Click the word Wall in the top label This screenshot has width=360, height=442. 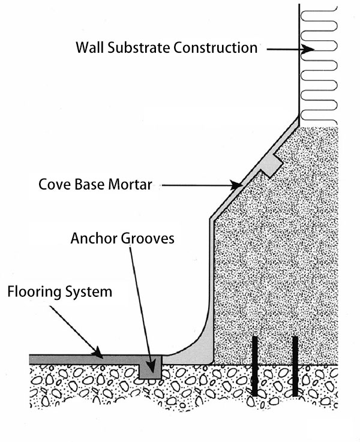pos(89,47)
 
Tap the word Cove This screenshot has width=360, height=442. pos(53,185)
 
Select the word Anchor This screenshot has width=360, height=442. pos(92,239)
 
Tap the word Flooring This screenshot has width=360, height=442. pos(34,292)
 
